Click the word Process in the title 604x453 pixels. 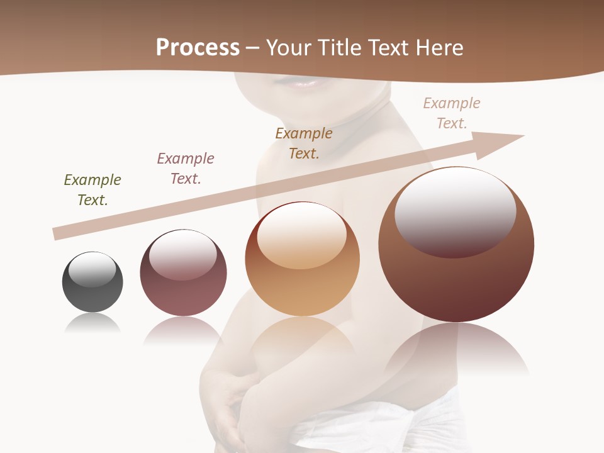click(x=198, y=47)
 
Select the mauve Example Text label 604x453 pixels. click(x=186, y=169)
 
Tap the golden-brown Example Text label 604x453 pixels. click(x=304, y=143)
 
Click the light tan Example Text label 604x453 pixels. click(x=452, y=113)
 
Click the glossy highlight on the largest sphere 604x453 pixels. click(x=455, y=211)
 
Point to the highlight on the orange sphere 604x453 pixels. click(x=301, y=235)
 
